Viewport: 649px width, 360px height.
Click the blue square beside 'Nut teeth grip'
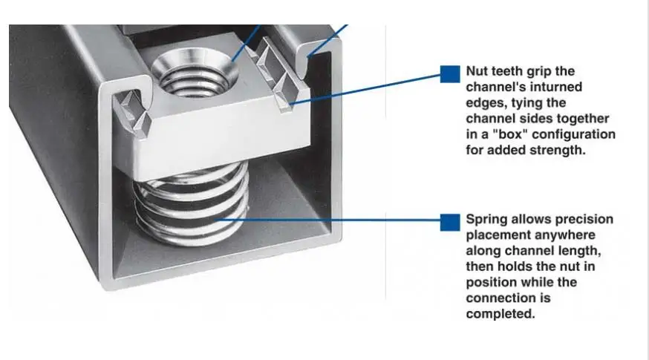[x=449, y=73]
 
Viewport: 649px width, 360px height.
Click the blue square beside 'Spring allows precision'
[x=449, y=221]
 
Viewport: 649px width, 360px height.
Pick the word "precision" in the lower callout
[x=587, y=220]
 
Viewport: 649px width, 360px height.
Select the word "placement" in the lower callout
[x=497, y=235]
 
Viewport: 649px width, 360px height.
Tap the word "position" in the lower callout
[x=491, y=283]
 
